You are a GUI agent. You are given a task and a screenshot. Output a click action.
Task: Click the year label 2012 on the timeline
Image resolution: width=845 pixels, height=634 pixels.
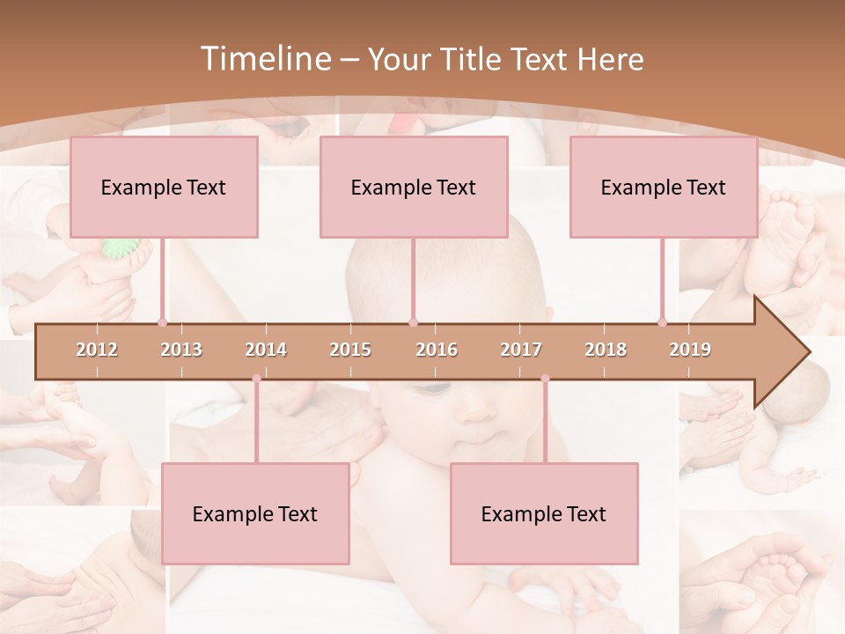pos(97,350)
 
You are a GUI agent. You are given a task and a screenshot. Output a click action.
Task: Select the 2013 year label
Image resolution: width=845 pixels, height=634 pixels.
pos(181,350)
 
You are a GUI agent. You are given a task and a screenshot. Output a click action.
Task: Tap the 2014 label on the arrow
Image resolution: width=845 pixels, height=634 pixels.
pos(266,350)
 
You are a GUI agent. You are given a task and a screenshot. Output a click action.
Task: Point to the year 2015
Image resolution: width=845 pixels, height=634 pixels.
pos(350,350)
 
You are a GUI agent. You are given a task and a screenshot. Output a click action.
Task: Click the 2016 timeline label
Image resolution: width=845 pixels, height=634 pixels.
pos(437,350)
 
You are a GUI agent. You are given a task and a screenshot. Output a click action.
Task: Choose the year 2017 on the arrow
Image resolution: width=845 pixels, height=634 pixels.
pos(521,350)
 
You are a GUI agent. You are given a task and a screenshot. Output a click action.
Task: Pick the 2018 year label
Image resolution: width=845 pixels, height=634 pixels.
pos(606,350)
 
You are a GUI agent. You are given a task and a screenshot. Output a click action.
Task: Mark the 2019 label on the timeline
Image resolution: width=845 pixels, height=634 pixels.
pos(690,350)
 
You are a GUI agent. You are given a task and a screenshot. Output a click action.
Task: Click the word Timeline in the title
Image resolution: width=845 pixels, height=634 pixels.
pos(264,59)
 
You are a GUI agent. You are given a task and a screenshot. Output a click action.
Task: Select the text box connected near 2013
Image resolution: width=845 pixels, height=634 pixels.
pos(164,187)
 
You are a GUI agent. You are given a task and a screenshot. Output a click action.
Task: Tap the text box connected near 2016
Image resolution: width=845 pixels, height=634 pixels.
pos(414,187)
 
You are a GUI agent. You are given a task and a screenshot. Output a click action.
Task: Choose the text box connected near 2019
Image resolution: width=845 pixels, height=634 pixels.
pos(664,187)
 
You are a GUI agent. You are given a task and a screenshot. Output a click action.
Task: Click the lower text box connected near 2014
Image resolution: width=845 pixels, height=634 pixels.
pos(255,513)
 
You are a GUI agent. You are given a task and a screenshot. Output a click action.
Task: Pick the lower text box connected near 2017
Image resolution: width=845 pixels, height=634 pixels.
pos(544,513)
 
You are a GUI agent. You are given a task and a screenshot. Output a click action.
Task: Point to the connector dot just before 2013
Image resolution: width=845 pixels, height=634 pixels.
pos(162,322)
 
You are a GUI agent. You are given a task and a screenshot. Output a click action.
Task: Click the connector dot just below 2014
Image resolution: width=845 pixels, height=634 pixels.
pos(256,379)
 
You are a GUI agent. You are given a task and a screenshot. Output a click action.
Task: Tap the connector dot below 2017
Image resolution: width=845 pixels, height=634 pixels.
pos(545,379)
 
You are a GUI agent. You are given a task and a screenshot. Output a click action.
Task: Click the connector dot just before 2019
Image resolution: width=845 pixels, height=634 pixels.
pos(662,322)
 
